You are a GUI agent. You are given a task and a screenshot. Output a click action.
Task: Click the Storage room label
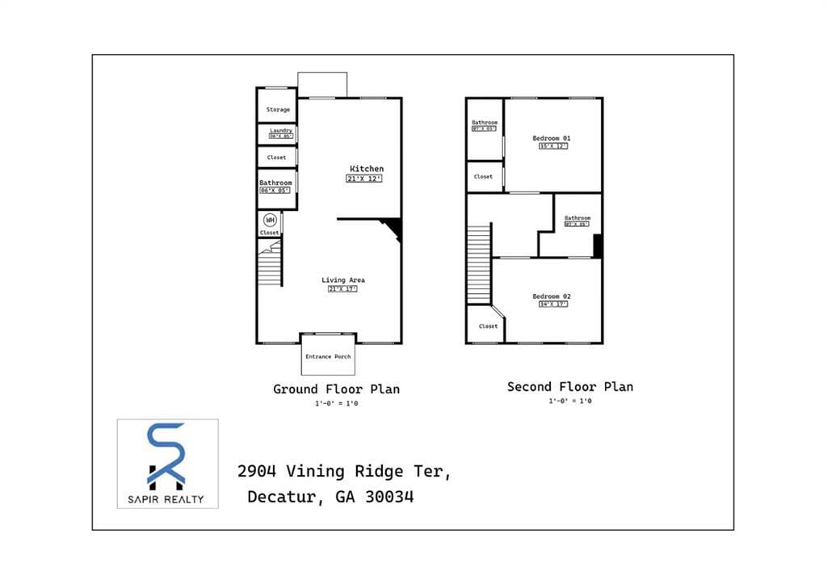click(278, 110)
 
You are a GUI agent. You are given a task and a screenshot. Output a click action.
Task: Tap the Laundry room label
click(281, 130)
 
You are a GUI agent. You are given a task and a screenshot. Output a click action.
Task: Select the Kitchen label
click(367, 169)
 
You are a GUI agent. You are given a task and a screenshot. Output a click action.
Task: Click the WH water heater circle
click(270, 219)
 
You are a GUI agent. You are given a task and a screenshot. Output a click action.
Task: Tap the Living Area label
click(343, 280)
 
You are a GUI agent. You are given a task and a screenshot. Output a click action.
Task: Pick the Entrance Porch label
click(328, 356)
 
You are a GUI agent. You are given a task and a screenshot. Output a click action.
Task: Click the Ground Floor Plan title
click(336, 389)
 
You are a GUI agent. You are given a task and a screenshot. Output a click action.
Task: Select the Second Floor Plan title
click(569, 387)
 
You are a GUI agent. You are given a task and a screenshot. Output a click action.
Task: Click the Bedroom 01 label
click(552, 138)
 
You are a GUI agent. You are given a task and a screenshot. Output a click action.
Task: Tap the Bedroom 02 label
click(552, 296)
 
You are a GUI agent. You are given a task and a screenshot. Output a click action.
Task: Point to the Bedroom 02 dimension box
click(552, 305)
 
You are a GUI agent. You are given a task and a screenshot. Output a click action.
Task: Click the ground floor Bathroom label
click(275, 183)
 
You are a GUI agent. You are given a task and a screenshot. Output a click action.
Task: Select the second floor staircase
click(479, 263)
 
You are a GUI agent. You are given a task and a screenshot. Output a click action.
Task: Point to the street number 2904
click(260, 471)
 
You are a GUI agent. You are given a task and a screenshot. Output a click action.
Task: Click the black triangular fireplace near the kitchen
click(393, 229)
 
